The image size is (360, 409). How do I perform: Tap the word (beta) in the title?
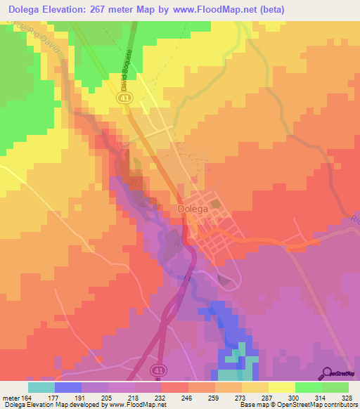point(304,8)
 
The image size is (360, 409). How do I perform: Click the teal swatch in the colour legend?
point(41,387)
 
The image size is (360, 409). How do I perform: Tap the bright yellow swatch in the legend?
point(281,387)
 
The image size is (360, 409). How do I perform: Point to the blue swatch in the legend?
point(68,387)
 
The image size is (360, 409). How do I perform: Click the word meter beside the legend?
point(11,397)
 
